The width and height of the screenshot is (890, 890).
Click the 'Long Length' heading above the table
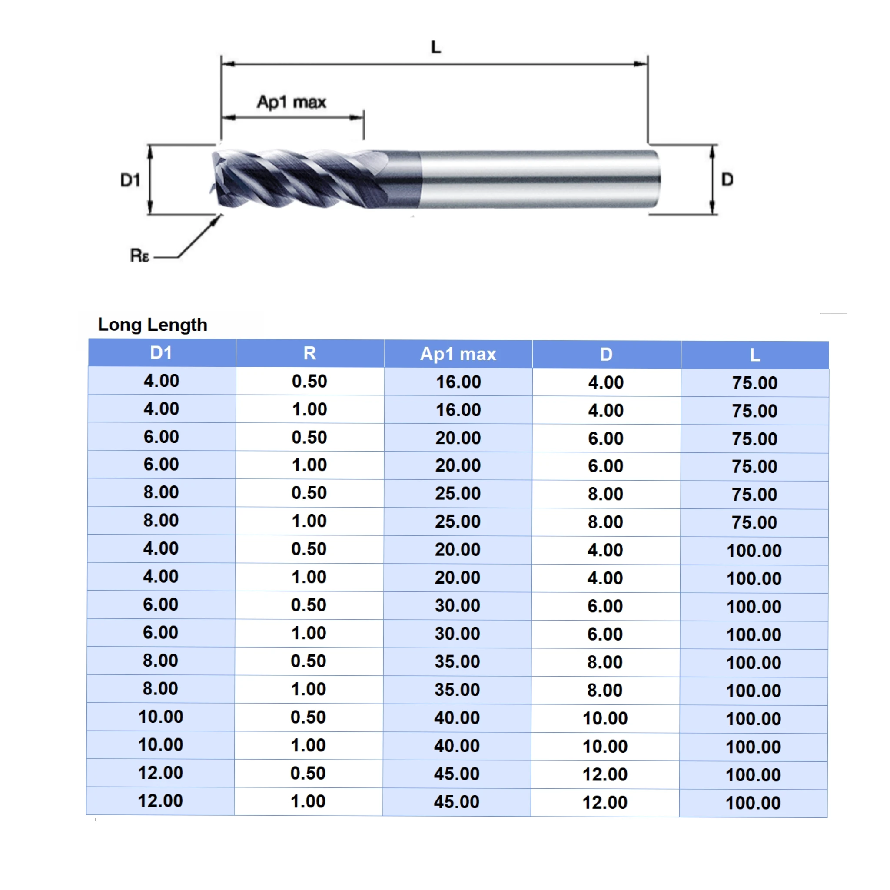click(x=153, y=325)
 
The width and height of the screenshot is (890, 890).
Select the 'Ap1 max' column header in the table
click(x=458, y=354)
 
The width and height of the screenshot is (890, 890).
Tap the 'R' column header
click(x=309, y=353)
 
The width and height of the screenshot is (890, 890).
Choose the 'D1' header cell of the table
click(x=161, y=353)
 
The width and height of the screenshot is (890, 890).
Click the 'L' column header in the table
click(x=754, y=355)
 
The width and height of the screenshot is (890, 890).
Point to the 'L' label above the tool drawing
click(x=436, y=47)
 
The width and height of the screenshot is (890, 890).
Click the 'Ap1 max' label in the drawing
click(x=292, y=102)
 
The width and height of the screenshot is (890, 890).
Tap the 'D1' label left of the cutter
click(x=130, y=180)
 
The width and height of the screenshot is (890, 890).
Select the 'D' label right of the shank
click(x=727, y=179)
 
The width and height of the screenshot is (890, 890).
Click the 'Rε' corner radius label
click(x=139, y=255)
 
